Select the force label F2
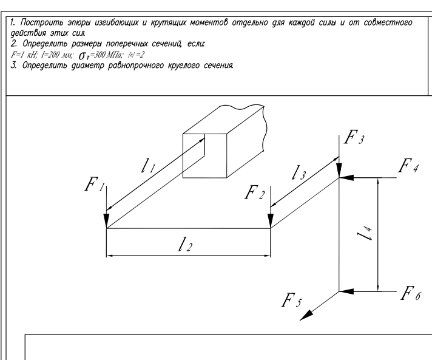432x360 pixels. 254,194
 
